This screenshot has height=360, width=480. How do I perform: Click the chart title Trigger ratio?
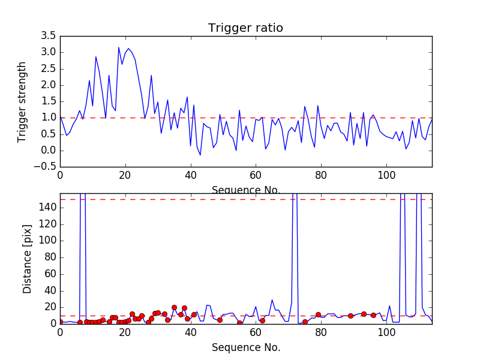245,28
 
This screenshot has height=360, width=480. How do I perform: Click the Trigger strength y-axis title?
22,101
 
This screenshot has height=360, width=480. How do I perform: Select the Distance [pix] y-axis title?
27,259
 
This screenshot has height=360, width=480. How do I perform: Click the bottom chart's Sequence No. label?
245,347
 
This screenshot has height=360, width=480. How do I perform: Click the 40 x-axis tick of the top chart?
191,175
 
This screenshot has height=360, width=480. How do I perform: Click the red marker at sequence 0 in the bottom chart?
60,322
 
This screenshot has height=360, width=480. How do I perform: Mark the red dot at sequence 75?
305,322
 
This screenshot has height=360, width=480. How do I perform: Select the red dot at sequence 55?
239,323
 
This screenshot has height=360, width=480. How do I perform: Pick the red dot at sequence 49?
220,320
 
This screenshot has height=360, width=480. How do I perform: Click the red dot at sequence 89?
350,316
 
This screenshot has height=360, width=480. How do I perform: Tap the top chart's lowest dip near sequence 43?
200,155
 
